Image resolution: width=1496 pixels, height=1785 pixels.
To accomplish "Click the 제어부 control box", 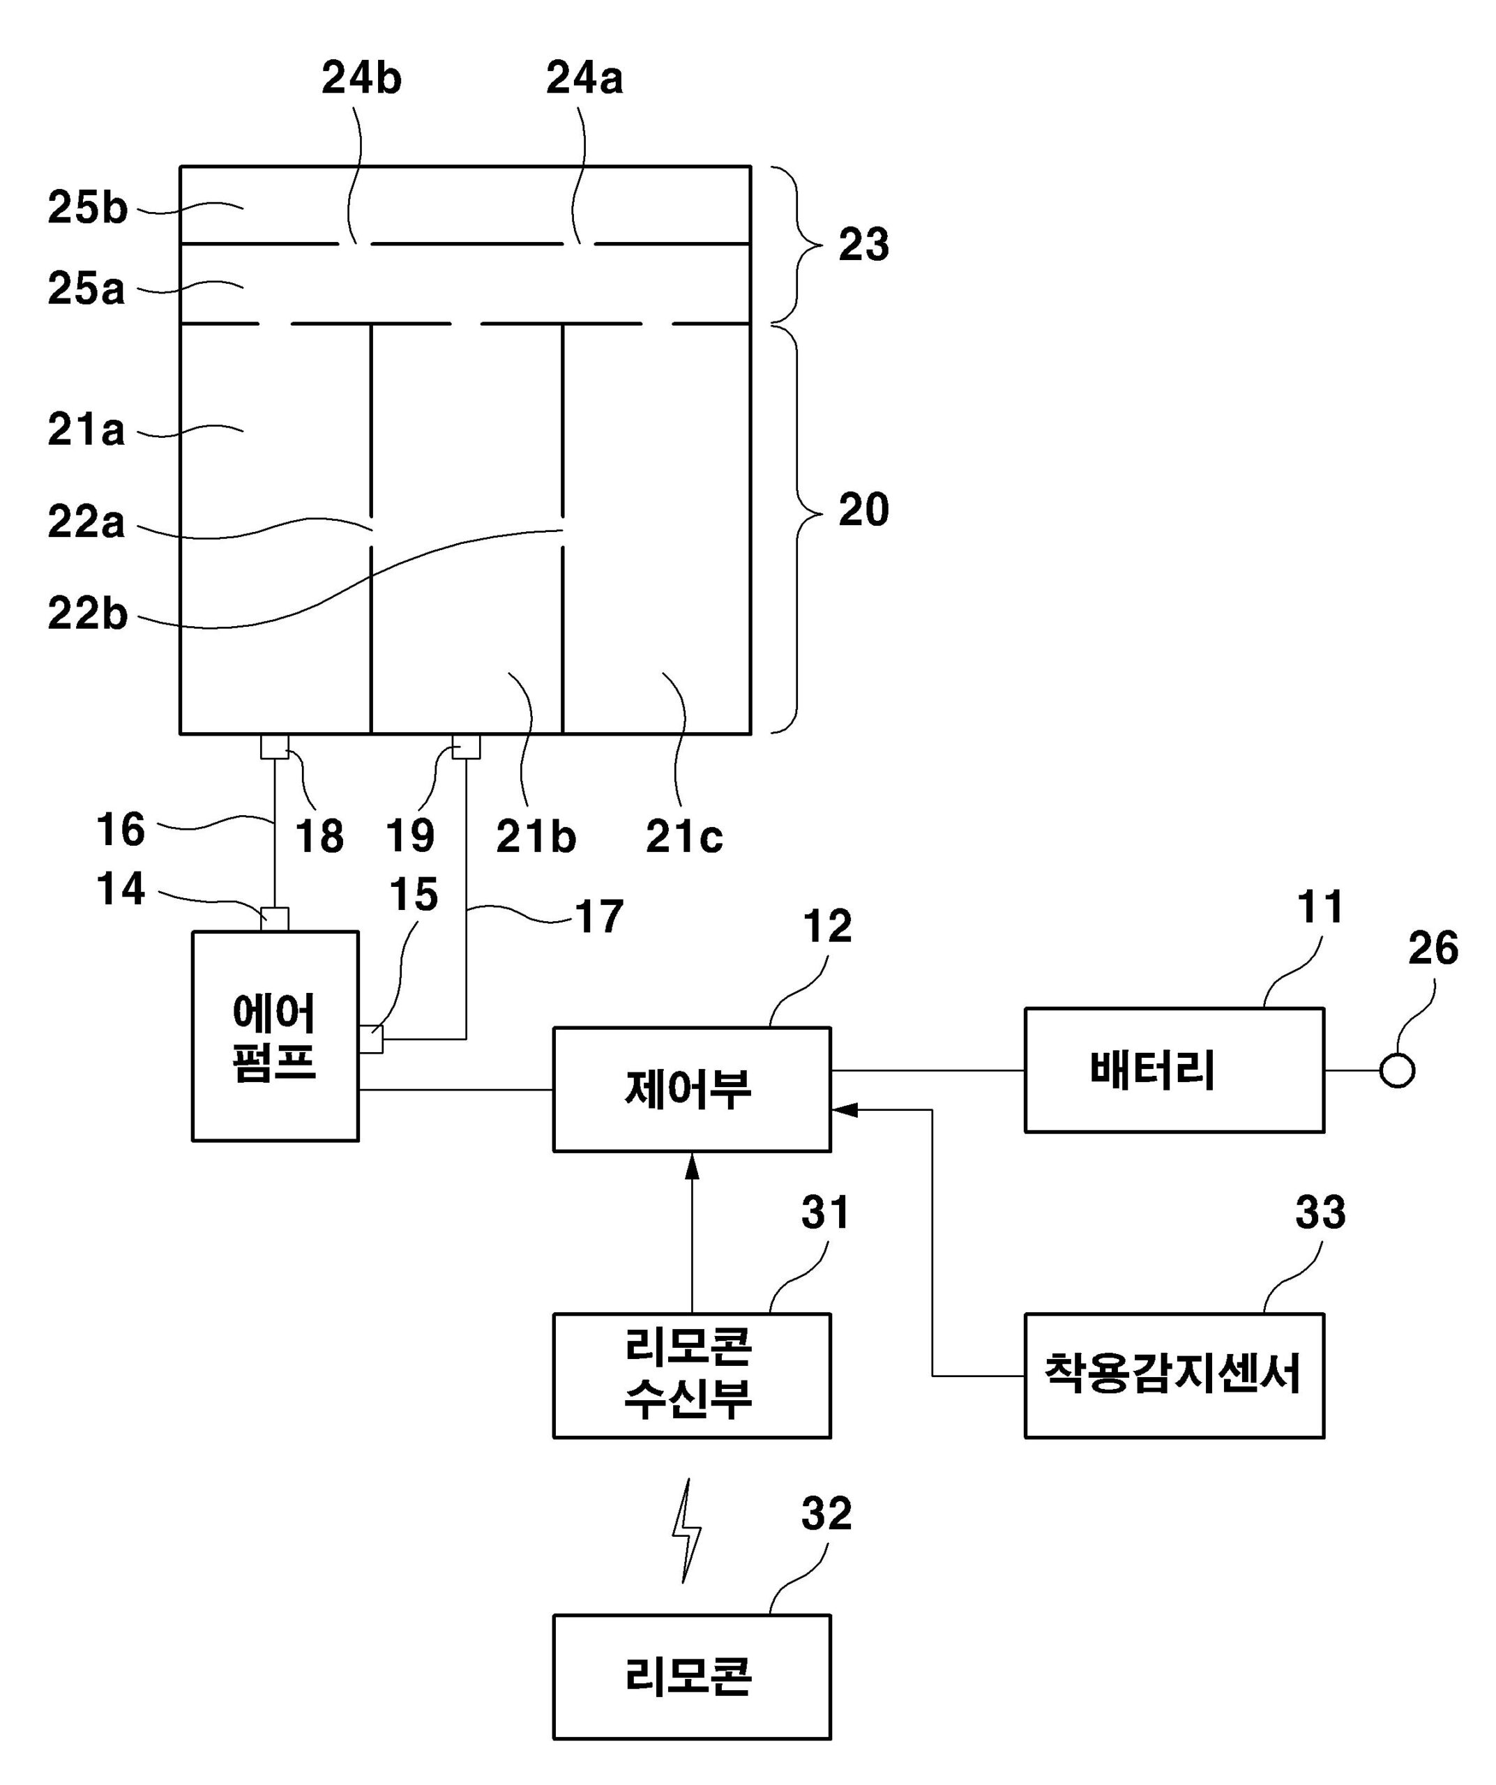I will click(x=691, y=1090).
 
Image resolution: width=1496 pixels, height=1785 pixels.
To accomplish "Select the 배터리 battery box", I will click(x=1173, y=1070).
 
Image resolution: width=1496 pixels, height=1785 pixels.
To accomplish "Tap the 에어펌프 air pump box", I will click(x=275, y=1036).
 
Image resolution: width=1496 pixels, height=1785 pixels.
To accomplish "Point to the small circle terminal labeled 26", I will click(x=1396, y=1071).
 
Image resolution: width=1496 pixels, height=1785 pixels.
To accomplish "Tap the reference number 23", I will click(x=863, y=245).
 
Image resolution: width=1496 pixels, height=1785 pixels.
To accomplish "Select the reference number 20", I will click(x=863, y=510).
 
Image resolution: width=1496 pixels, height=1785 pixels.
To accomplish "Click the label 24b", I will click(x=361, y=78).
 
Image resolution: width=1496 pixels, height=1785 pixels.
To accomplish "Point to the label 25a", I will click(x=86, y=289).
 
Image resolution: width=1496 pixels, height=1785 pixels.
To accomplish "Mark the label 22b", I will click(x=86, y=614).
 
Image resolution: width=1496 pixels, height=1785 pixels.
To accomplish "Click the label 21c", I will click(x=684, y=837).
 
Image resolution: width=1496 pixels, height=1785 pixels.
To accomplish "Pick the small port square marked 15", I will click(x=370, y=1040).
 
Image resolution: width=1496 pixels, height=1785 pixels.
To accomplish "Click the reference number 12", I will click(x=827, y=926).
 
